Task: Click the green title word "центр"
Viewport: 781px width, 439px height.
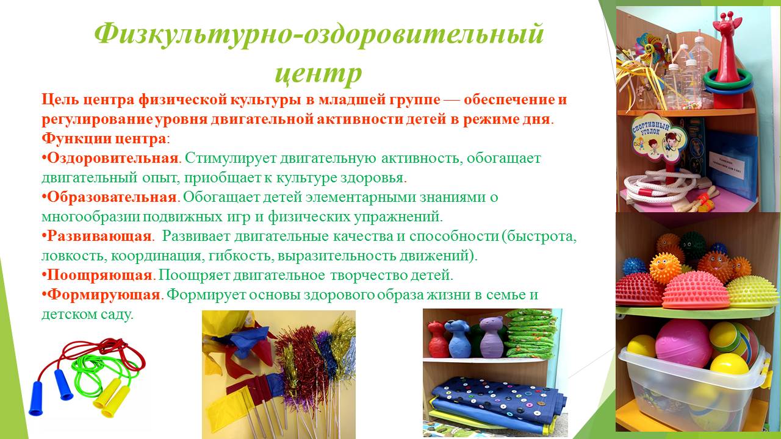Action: (x=319, y=74)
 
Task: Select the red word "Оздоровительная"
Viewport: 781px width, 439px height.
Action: (x=113, y=158)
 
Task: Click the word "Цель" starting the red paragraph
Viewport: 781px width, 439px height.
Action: (x=60, y=100)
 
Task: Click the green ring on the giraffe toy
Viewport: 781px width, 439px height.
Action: (x=726, y=79)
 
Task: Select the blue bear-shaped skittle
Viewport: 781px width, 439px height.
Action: (x=459, y=338)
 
